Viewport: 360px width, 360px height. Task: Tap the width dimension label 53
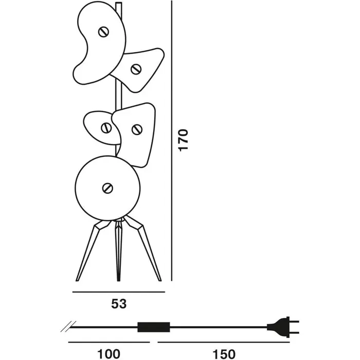[x=119, y=303]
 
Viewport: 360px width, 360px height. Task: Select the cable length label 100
[x=109, y=354]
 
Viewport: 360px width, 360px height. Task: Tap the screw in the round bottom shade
[x=107, y=188]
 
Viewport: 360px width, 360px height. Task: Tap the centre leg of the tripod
[x=119, y=252]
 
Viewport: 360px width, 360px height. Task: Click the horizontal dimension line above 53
[x=119, y=292]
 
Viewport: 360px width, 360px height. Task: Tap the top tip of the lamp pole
[x=119, y=4]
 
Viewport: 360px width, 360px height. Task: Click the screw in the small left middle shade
[x=107, y=127]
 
